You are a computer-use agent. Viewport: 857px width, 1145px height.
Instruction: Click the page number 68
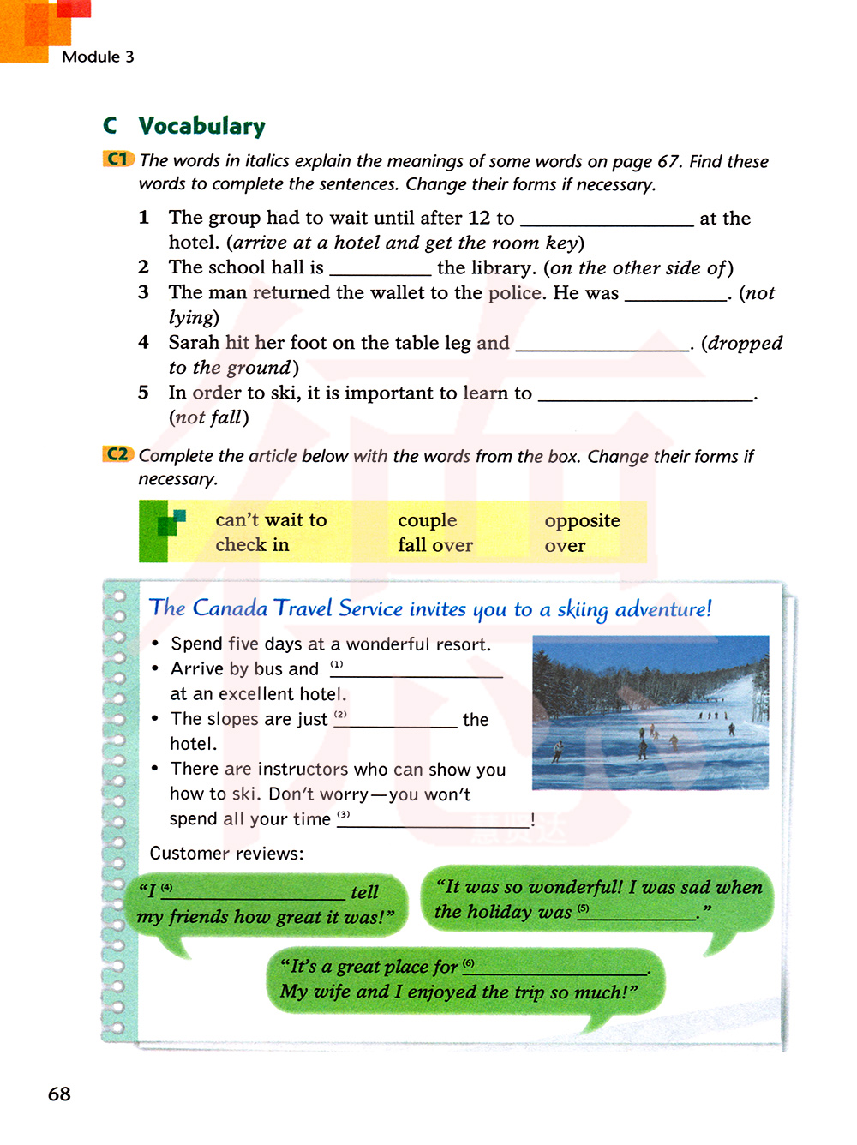(x=59, y=1094)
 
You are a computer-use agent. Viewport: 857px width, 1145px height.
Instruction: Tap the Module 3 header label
(x=98, y=57)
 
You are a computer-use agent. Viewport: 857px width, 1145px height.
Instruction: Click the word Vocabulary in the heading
(x=202, y=126)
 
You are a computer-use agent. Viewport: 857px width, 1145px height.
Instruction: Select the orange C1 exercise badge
(x=118, y=159)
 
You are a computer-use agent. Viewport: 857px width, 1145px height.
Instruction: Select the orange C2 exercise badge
(x=118, y=454)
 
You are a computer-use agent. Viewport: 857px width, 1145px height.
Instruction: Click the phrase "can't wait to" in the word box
(x=271, y=519)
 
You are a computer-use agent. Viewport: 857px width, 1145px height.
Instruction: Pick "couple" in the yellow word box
(x=427, y=520)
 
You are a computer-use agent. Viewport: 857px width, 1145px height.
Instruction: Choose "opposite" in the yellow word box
(x=582, y=520)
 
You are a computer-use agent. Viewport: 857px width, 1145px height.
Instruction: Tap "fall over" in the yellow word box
(x=434, y=545)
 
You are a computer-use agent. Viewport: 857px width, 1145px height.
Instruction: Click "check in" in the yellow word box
(x=252, y=545)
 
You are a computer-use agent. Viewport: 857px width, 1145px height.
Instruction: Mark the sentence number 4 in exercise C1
(x=144, y=343)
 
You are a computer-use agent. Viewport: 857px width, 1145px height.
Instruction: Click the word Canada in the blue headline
(x=230, y=608)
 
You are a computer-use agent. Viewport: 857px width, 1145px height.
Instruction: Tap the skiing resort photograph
(x=650, y=712)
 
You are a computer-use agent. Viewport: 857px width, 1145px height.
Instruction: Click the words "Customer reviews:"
(x=226, y=854)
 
